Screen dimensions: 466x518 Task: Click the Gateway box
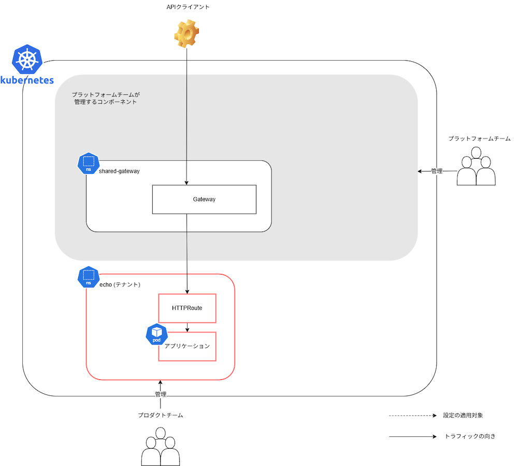click(204, 199)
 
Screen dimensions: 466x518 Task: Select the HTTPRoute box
click(187, 308)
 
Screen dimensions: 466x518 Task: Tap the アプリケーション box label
click(187, 346)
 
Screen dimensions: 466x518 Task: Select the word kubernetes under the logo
click(27, 80)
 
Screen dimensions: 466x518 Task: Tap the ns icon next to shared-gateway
click(88, 163)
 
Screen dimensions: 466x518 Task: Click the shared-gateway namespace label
click(119, 171)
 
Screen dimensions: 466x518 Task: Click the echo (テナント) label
click(120, 285)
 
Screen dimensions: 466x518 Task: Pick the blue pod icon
click(156, 335)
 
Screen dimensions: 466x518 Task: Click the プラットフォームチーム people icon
click(477, 167)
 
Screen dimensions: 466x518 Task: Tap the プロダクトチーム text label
click(161, 416)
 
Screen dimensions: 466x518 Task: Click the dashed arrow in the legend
click(413, 416)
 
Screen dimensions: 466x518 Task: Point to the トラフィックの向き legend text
click(470, 436)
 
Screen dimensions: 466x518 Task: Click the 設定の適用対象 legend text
click(463, 416)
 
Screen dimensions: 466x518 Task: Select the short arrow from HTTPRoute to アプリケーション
click(187, 327)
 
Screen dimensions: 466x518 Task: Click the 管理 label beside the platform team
click(437, 171)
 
